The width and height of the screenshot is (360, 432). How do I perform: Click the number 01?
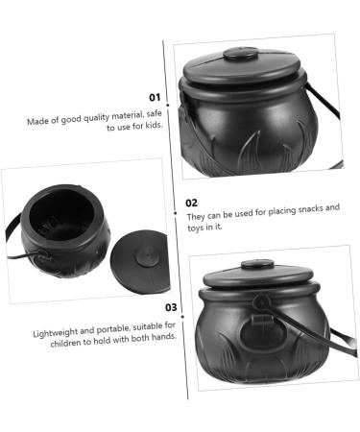pos(155,97)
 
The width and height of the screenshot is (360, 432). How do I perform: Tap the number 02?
pos(192,203)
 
